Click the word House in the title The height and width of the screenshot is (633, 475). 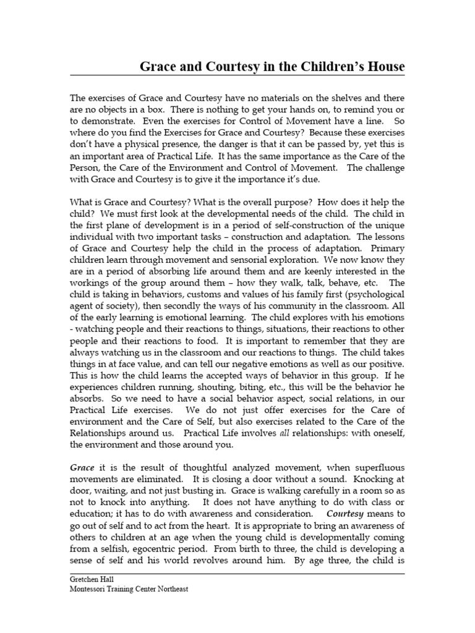pos(384,66)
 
